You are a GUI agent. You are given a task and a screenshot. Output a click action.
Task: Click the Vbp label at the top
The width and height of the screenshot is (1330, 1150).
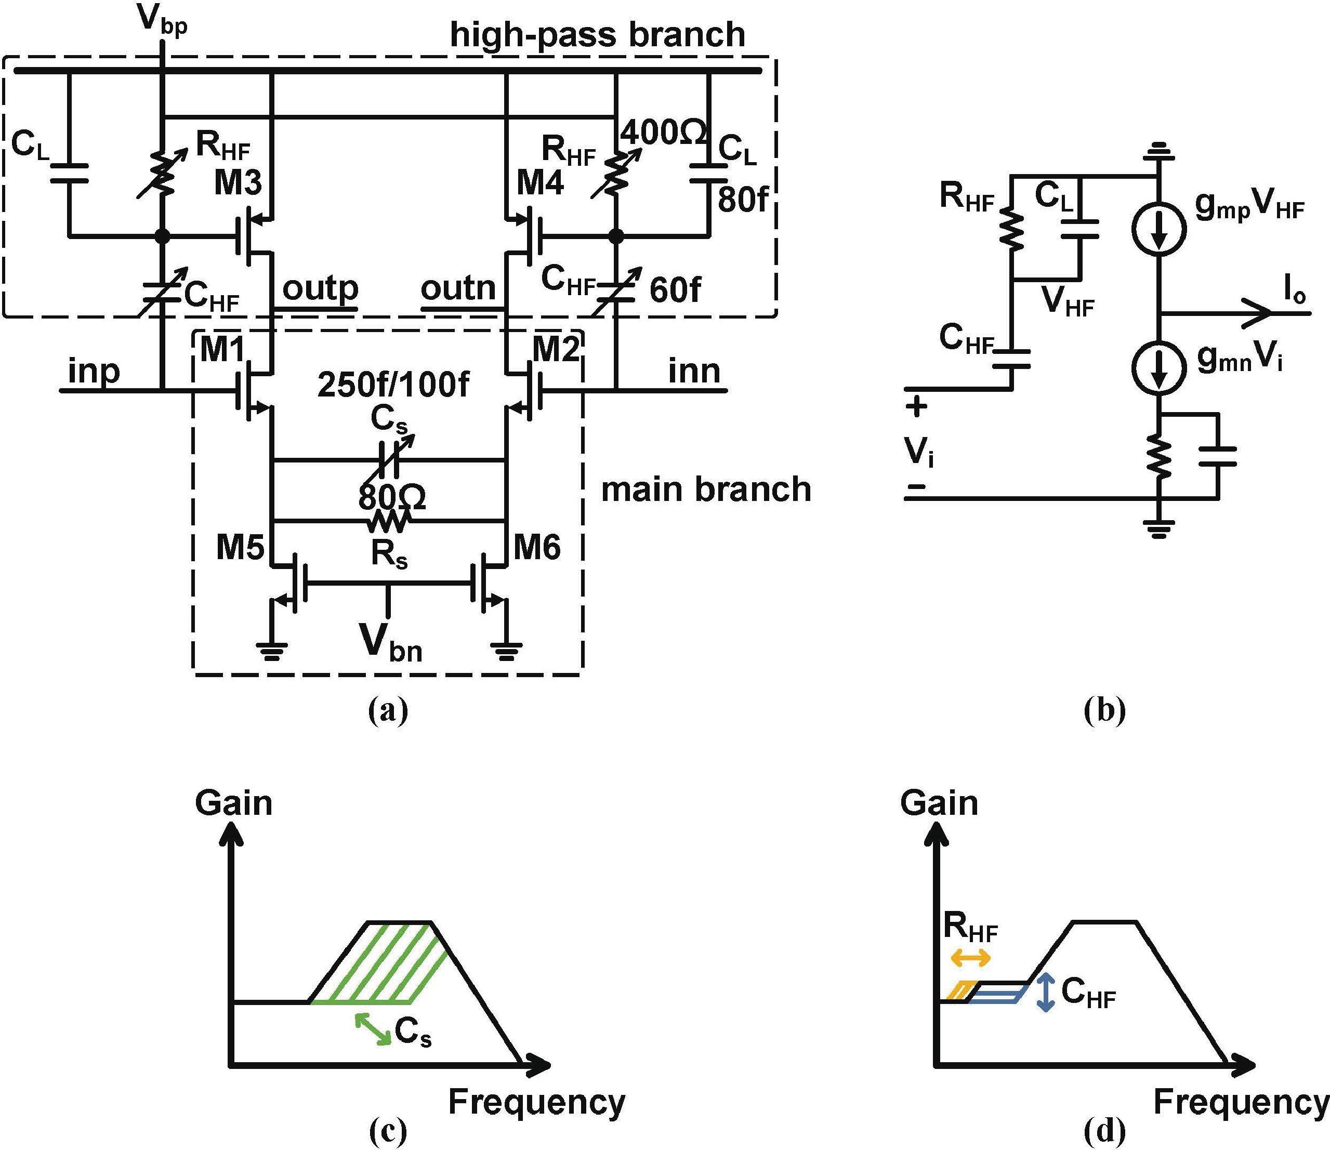point(162,21)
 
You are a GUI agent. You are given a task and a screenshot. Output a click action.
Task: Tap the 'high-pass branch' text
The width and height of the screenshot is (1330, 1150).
point(597,35)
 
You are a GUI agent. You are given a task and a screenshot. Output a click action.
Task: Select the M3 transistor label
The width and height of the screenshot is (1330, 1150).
point(238,182)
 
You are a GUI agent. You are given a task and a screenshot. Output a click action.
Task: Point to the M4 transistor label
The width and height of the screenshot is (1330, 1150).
point(541,182)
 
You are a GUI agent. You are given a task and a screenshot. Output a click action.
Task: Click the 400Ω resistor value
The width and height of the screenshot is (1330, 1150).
point(663,134)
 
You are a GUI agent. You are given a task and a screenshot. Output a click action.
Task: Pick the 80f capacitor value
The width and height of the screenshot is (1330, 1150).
point(742,200)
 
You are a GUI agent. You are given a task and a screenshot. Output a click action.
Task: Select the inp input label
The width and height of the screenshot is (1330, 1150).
point(94,371)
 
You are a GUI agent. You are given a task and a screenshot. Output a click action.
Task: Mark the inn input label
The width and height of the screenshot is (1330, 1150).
point(694,371)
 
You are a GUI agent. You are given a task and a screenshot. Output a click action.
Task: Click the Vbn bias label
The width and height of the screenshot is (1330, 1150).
point(390,643)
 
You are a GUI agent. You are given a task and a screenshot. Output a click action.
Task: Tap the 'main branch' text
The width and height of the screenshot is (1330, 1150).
point(705,490)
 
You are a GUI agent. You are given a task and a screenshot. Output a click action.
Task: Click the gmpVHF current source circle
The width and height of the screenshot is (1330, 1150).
point(1158,228)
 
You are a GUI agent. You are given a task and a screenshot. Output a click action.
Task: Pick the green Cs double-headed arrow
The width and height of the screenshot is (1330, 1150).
point(373,1029)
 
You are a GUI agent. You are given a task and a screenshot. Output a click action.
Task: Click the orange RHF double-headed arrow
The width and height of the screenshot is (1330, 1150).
point(970,959)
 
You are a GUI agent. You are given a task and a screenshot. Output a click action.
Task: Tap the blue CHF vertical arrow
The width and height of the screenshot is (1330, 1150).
point(1046,992)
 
